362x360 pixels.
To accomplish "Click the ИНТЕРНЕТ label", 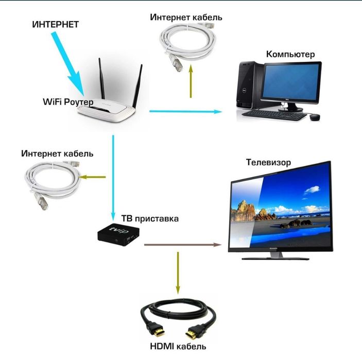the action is pyautogui.click(x=56, y=25).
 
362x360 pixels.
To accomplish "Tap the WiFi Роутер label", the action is pyautogui.click(x=68, y=102).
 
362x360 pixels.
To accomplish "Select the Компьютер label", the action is pyautogui.click(x=290, y=54).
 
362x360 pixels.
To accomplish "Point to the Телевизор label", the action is pyautogui.click(x=268, y=162).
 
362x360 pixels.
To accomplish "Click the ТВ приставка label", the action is pyautogui.click(x=150, y=218).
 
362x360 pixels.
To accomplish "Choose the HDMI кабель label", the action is pyautogui.click(x=178, y=347).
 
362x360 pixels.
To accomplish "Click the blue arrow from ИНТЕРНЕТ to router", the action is pyautogui.click(x=68, y=63).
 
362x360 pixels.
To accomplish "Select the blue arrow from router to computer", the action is pyautogui.click(x=186, y=112).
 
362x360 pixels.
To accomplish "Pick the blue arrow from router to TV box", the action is pyautogui.click(x=113, y=178).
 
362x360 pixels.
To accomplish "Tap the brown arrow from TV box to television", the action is pyautogui.click(x=183, y=245).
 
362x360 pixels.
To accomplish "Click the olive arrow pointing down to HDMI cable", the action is pyautogui.click(x=178, y=273).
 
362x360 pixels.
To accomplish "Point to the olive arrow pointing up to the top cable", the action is pyautogui.click(x=191, y=81).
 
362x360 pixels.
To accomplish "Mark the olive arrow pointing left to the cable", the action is pyautogui.click(x=92, y=177).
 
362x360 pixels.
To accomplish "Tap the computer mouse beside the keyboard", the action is pyautogui.click(x=315, y=117).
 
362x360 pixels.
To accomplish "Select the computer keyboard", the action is pyautogui.click(x=274, y=115).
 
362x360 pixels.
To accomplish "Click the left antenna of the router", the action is pyautogui.click(x=101, y=78).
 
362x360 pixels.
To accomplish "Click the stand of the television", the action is pyautogui.click(x=275, y=256).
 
